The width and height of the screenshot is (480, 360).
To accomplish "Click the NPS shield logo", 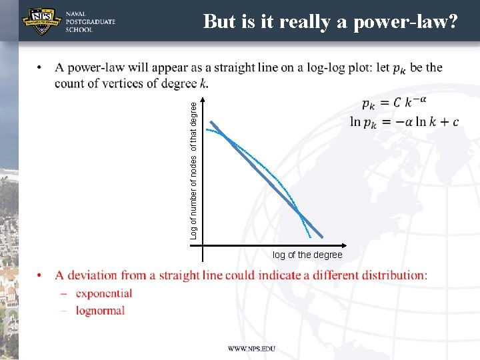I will [x=41, y=21].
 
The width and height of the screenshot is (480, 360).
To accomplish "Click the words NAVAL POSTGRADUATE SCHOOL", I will [x=90, y=21].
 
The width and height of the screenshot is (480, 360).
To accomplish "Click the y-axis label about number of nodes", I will [x=193, y=167].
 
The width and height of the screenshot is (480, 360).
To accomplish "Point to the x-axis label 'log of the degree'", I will [x=307, y=255].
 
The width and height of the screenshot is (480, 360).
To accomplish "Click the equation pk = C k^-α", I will [x=394, y=103].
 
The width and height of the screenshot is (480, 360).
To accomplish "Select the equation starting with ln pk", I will [x=404, y=122].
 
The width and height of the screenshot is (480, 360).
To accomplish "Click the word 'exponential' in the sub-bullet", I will [x=104, y=293].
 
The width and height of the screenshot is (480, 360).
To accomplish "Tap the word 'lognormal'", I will [x=100, y=311].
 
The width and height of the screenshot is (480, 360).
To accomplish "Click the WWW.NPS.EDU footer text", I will [x=251, y=349].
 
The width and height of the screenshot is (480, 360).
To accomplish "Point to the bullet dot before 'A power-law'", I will [x=41, y=68].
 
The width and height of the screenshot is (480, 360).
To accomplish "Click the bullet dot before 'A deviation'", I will [x=41, y=276].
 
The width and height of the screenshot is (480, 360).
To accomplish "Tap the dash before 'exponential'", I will [x=63, y=294].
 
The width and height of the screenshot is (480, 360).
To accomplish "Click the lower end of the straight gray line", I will [x=321, y=236].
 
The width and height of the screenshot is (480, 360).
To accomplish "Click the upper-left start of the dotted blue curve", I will [x=207, y=130].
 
